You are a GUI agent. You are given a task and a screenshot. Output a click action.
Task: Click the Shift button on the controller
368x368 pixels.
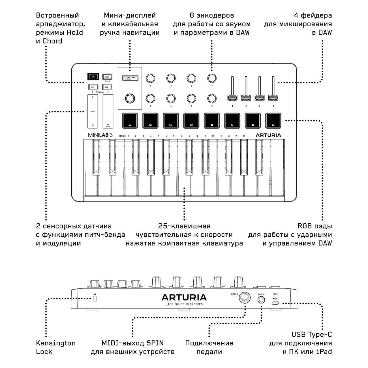click(x=93, y=77)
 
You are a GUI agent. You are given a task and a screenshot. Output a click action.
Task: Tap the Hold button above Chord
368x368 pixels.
click(x=107, y=77)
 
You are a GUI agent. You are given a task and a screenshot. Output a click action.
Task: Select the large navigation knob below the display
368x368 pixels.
click(x=130, y=98)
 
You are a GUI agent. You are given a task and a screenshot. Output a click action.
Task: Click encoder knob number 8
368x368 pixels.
click(x=212, y=98)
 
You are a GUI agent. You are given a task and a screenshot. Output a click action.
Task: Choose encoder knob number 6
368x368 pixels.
click(x=171, y=98)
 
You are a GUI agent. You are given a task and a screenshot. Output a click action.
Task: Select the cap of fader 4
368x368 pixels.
click(x=273, y=98)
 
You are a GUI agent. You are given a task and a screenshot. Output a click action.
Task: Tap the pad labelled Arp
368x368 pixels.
click(x=130, y=120)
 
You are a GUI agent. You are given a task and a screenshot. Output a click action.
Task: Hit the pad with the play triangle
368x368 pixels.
click(x=232, y=120)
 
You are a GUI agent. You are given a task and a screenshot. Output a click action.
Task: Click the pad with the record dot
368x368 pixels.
click(x=253, y=120)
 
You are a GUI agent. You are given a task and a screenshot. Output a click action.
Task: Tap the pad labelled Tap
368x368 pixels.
click(x=273, y=120)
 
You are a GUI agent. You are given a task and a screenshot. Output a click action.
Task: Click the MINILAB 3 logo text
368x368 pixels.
click(x=100, y=135)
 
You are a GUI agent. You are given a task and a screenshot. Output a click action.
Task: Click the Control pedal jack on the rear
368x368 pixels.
click(x=261, y=300)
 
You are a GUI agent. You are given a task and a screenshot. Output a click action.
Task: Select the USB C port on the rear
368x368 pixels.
click(x=275, y=303)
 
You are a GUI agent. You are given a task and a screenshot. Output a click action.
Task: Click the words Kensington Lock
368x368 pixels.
click(x=55, y=347)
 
